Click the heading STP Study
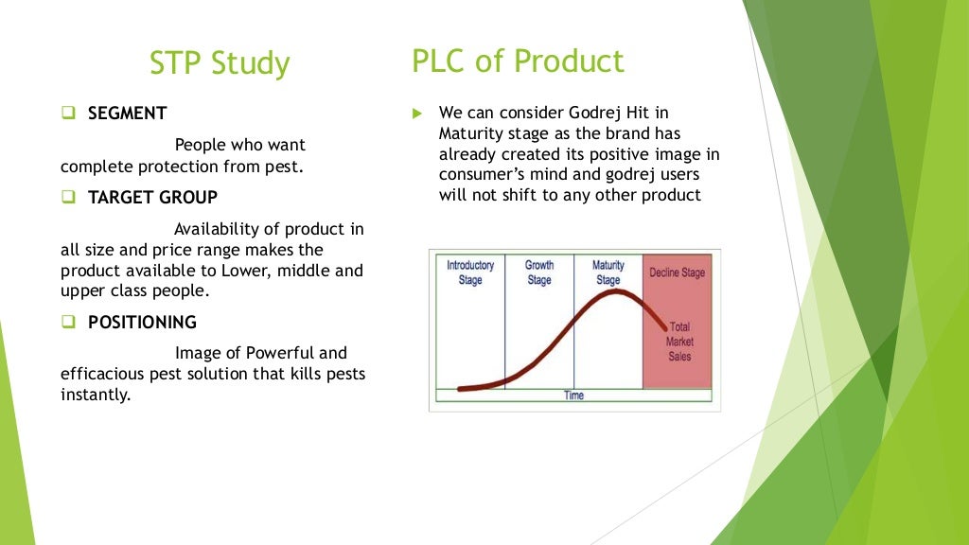tap(220, 63)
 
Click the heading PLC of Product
tap(518, 61)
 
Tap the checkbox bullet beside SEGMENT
tap(68, 114)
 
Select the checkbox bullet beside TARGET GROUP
tap(68, 198)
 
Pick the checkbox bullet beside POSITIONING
tap(68, 323)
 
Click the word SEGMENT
tap(127, 114)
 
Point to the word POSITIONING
tap(142, 323)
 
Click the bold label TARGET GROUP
tap(152, 198)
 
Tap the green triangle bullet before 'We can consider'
tap(416, 114)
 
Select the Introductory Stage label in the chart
tap(470, 272)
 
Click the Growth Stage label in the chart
tap(539, 272)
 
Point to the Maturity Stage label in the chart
tap(608, 272)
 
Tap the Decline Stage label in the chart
tap(677, 273)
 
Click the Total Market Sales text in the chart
tap(679, 342)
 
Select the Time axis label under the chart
tap(574, 396)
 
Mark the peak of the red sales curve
tap(615, 291)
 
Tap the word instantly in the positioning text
tap(95, 395)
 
